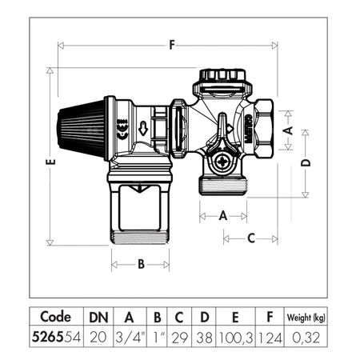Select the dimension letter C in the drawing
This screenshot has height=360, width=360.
[250, 237]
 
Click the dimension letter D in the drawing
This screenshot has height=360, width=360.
[306, 163]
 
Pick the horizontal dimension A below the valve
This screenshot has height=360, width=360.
[222, 214]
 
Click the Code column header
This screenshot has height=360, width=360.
[60, 317]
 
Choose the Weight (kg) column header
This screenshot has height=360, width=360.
[306, 317]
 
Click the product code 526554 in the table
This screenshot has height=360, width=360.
[60, 338]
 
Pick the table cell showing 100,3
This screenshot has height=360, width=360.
[237, 338]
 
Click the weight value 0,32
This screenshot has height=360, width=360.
[306, 338]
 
